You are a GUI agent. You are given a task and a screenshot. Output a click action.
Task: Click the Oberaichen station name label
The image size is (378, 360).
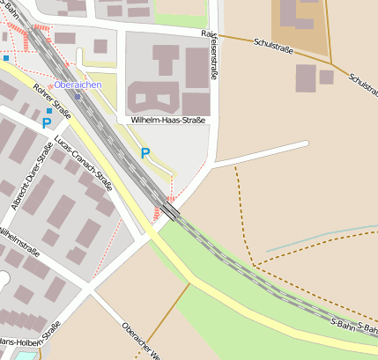(x=78, y=84)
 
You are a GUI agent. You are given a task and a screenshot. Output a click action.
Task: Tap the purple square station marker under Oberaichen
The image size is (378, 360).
(x=78, y=96)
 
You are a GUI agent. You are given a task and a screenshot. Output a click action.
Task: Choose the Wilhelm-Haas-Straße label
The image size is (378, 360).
(x=167, y=119)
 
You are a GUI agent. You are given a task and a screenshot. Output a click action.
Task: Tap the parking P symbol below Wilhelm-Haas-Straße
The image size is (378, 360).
(x=145, y=153)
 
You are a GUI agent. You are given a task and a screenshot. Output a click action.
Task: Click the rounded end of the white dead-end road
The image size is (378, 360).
(x=305, y=143)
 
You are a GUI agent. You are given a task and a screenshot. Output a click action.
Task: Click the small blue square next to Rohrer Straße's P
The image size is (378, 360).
(x=49, y=111)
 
